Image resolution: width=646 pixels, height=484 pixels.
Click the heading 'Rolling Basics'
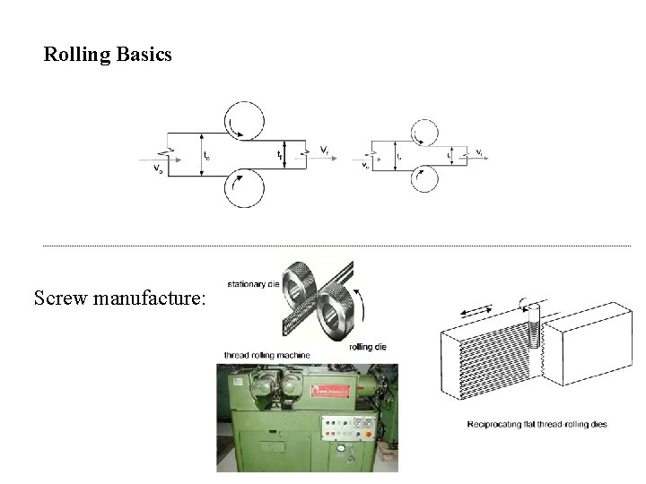pyautogui.click(x=108, y=56)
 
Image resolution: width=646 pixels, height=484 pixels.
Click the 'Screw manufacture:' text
pyautogui.click(x=119, y=296)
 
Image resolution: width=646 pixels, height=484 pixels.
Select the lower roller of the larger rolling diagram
pyautogui.click(x=244, y=187)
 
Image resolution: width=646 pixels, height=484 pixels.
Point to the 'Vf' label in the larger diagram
pyautogui.click(x=323, y=148)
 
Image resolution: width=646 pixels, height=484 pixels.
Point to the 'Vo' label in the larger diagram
pyautogui.click(x=159, y=168)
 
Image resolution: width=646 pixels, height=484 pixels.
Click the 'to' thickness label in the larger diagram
pyautogui.click(x=207, y=157)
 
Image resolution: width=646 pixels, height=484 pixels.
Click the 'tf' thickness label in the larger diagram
pyautogui.click(x=280, y=155)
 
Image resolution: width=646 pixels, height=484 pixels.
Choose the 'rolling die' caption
pyautogui.click(x=368, y=346)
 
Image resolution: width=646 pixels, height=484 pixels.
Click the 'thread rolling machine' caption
pyautogui.click(x=267, y=356)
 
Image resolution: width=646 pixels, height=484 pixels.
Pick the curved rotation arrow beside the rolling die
pyautogui.click(x=362, y=308)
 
